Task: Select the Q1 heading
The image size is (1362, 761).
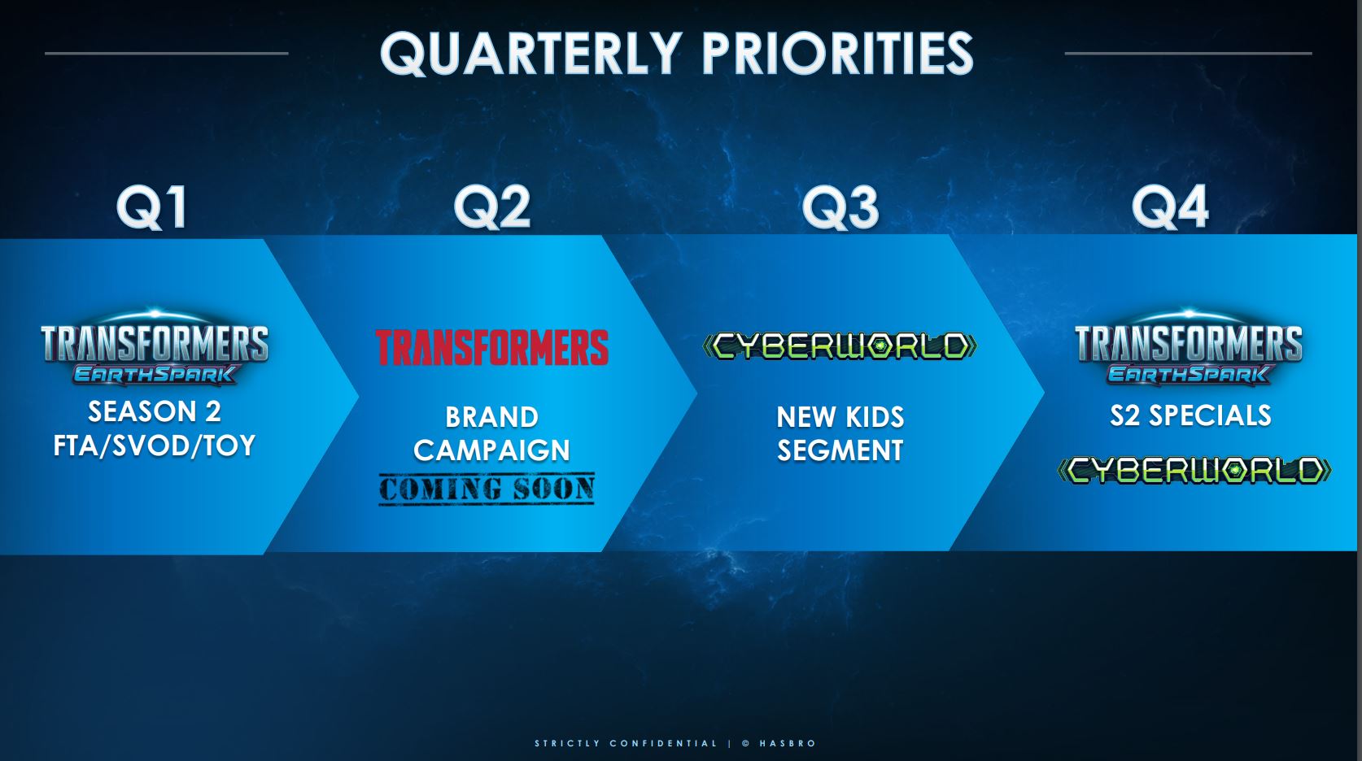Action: point(152,207)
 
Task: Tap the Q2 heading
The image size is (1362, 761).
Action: point(491,207)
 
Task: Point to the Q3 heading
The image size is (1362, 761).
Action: point(840,207)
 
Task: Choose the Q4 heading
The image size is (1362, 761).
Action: point(1169,207)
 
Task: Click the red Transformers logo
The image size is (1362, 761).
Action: point(491,348)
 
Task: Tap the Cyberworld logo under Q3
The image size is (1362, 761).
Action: point(840,346)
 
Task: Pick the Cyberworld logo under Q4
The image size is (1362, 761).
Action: point(1194,470)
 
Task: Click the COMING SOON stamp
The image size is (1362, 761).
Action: point(487,489)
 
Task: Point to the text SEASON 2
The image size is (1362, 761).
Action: point(155,411)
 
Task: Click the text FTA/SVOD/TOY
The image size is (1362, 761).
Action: point(155,446)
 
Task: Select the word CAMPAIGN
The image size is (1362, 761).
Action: point(491,450)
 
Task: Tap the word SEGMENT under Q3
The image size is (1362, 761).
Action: point(840,450)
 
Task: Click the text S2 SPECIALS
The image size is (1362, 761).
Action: point(1190,415)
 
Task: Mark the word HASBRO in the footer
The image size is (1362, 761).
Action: point(788,743)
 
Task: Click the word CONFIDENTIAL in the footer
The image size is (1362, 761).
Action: point(663,743)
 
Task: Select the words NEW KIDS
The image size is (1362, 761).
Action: point(840,417)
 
